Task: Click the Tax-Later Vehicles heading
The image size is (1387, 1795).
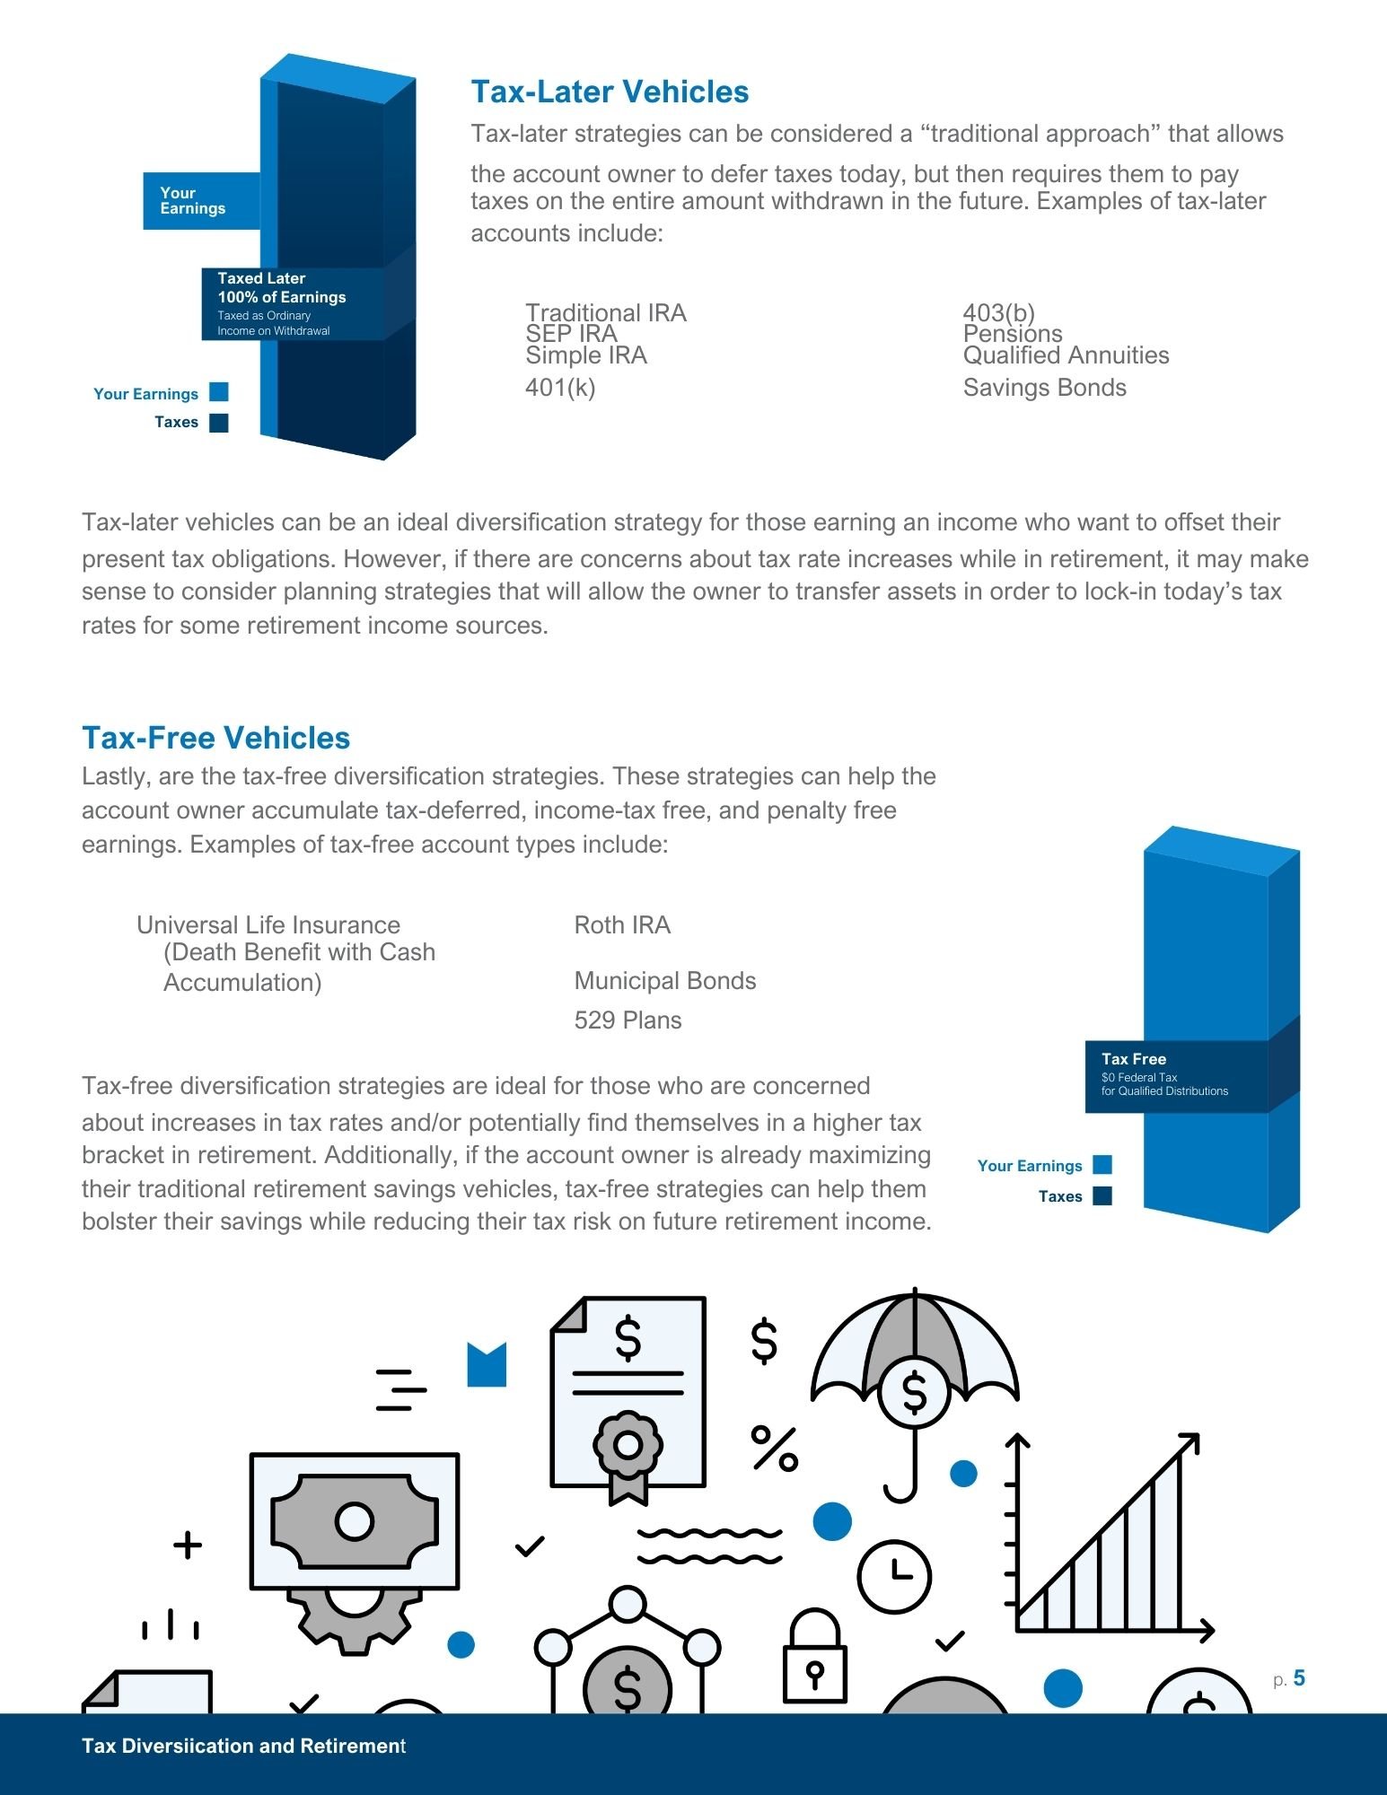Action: tap(610, 92)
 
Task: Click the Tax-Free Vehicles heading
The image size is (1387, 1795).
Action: tap(215, 738)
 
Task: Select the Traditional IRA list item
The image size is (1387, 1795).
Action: tap(605, 312)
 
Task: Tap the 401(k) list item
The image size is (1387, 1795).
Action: tap(560, 388)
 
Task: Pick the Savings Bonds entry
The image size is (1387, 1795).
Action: tap(1044, 388)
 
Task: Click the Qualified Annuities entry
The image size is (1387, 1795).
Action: tap(1066, 355)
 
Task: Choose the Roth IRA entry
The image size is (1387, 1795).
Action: tap(622, 925)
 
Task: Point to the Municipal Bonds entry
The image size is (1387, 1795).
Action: tap(664, 981)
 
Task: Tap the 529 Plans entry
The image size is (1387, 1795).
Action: tap(628, 1020)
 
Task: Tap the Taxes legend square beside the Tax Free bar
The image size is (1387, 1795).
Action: tap(1102, 1195)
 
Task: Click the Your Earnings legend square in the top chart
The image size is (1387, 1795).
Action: tap(219, 392)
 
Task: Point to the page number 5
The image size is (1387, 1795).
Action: tap(1299, 1678)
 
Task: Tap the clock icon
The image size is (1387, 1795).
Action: tap(894, 1576)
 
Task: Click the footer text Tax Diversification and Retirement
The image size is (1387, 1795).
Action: tap(243, 1746)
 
